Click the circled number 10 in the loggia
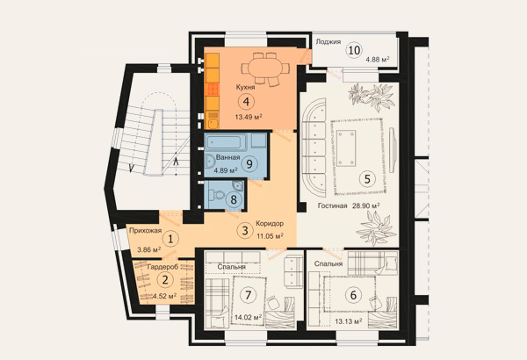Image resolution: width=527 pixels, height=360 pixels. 354,50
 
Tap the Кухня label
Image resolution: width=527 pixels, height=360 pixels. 245,87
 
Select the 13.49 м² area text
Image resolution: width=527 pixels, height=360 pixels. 249,117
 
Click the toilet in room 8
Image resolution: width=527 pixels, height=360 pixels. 216,195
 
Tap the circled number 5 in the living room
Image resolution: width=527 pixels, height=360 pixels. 367,178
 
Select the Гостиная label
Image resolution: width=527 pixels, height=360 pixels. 332,205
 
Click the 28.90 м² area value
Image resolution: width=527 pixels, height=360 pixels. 366,205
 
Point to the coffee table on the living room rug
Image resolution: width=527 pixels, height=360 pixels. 346,148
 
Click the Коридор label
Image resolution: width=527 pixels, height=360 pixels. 270,223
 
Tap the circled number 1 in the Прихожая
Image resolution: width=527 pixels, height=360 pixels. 170,240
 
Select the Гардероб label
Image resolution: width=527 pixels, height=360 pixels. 163,267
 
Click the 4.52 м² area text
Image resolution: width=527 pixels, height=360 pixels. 165,296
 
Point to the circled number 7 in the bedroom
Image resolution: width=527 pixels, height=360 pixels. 248,295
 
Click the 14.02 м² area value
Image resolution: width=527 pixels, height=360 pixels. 249,317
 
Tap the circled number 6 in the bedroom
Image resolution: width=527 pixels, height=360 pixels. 353,295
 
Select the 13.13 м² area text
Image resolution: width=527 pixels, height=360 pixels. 349,321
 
